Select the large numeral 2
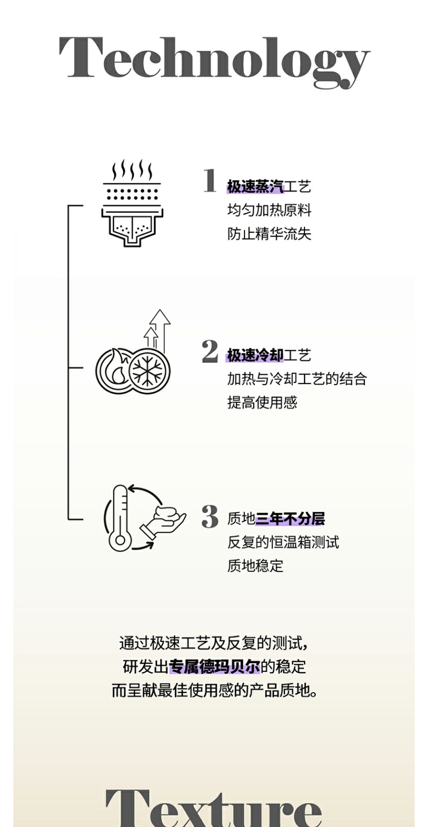pyautogui.click(x=210, y=351)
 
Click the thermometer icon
pyautogui.click(x=120, y=518)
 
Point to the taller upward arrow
pyautogui.click(x=159, y=326)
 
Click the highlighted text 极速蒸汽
pyautogui.click(x=255, y=187)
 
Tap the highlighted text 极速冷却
pyautogui.click(x=255, y=355)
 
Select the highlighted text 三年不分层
pyautogui.click(x=290, y=518)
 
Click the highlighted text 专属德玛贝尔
pyautogui.click(x=215, y=667)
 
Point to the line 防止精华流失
pyautogui.click(x=269, y=234)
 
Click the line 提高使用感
pyautogui.click(x=262, y=402)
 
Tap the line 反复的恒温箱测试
pyautogui.click(x=283, y=542)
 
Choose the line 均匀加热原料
pyautogui.click(x=269, y=210)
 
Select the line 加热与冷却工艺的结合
pyautogui.click(x=297, y=379)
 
